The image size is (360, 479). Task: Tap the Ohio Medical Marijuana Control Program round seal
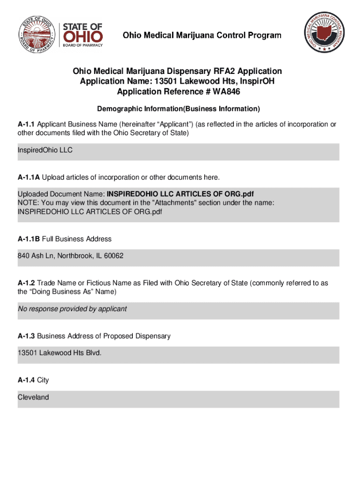coord(325,33)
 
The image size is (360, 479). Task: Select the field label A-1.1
coord(26,124)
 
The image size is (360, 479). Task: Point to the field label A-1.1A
coord(29,177)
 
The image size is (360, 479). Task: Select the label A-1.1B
coord(29,239)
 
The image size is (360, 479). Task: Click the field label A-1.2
coord(26,283)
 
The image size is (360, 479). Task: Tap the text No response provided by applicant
coord(72,309)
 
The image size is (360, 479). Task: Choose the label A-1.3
coord(26,336)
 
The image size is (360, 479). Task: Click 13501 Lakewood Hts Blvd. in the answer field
coord(59,353)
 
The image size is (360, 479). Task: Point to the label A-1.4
coord(26,380)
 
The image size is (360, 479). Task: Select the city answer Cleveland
coord(33,397)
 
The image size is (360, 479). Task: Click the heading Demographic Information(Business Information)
coord(178,109)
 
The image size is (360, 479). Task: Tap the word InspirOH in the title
coord(258,81)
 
